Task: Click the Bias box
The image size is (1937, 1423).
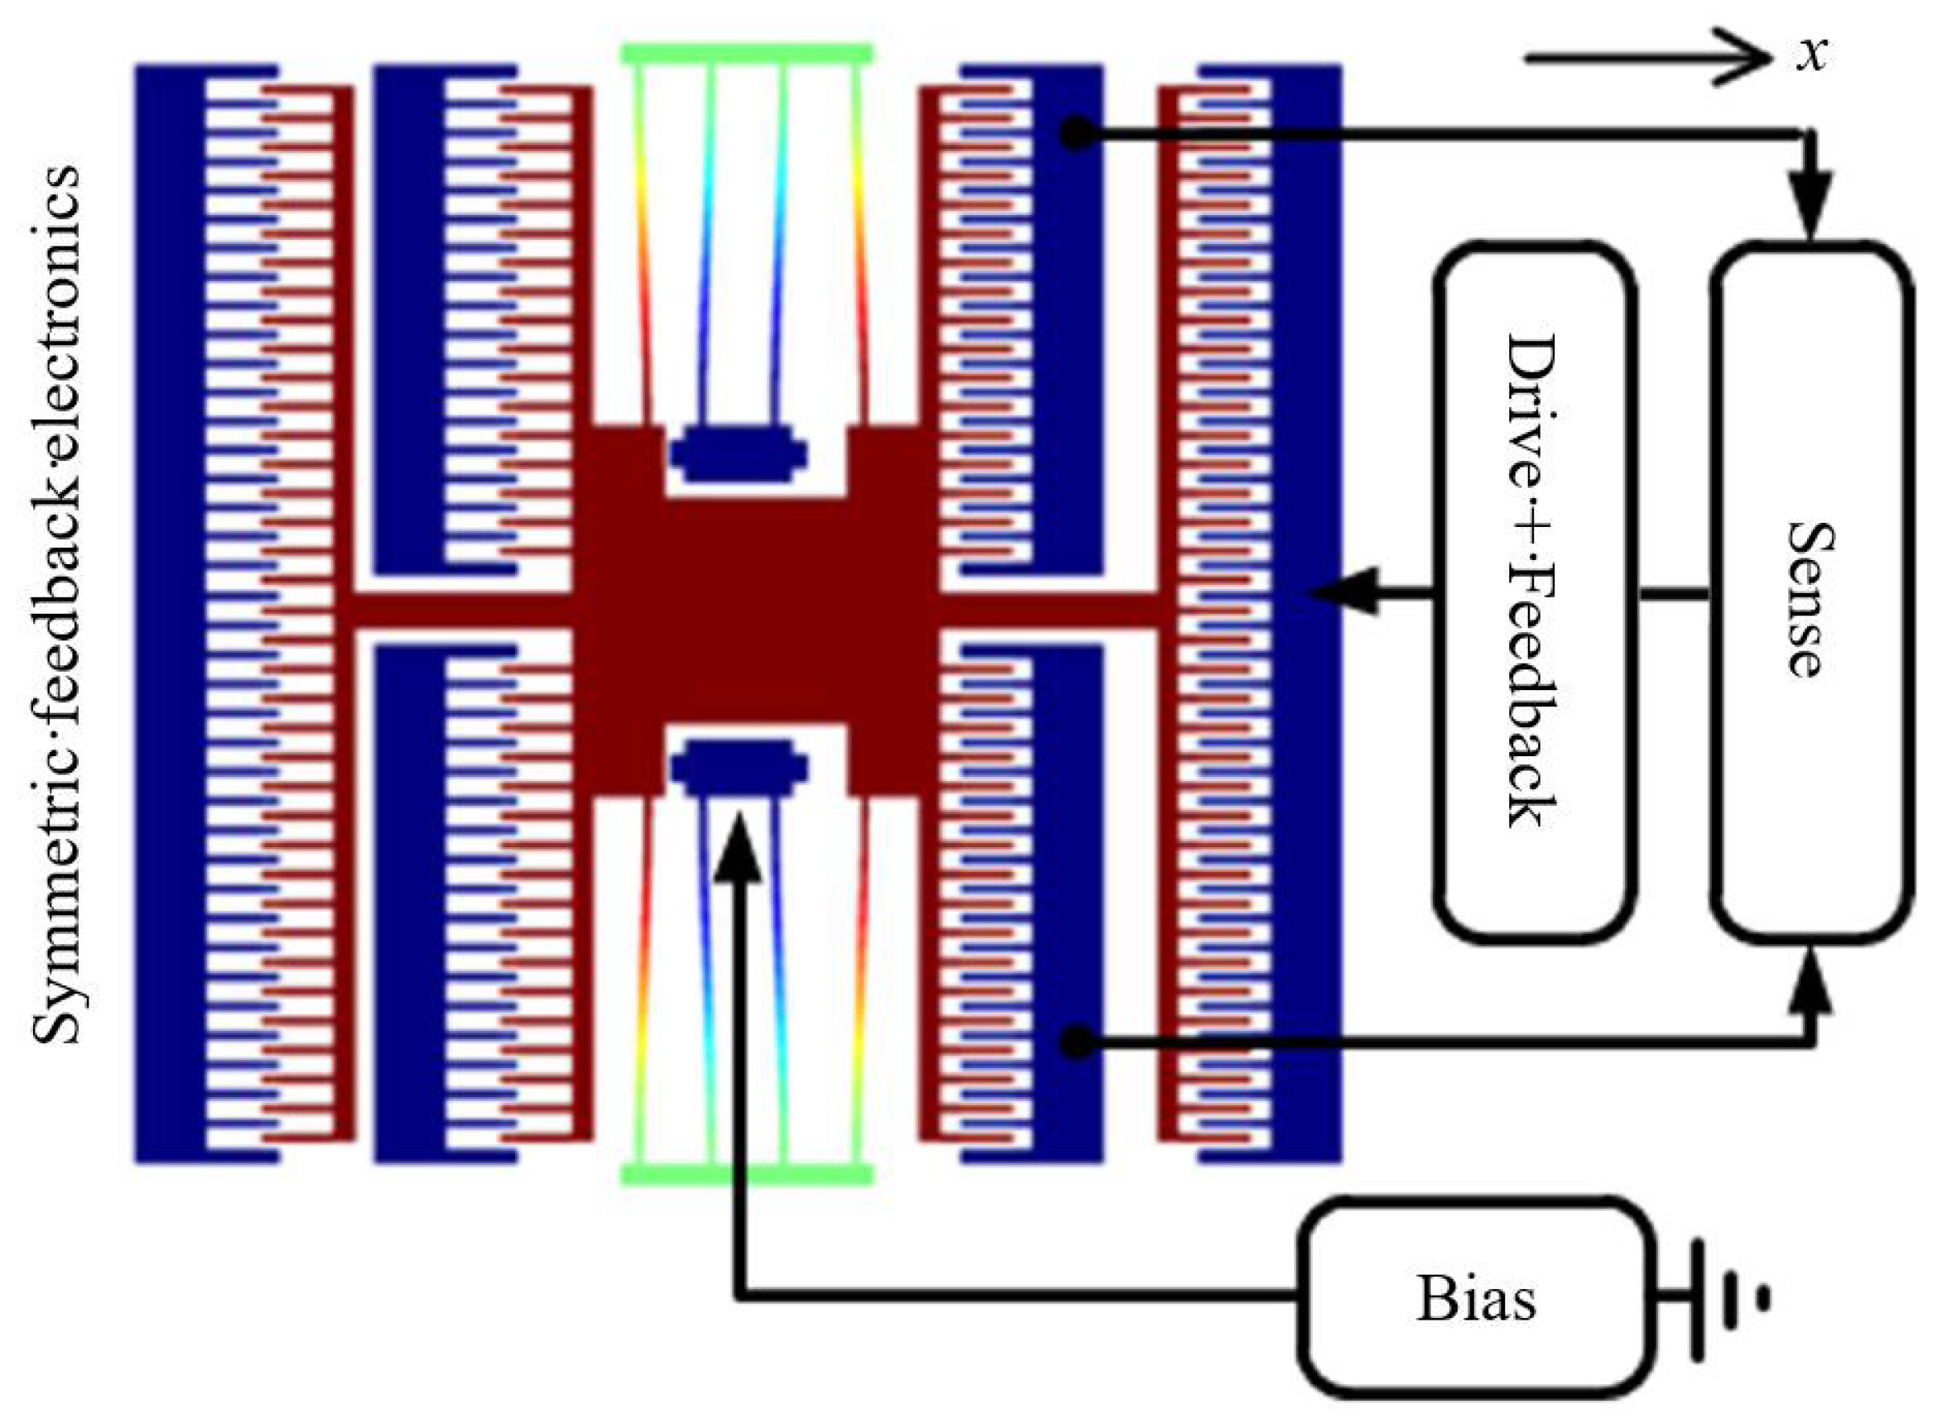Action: (x=1475, y=1298)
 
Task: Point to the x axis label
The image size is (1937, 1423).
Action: (x=1812, y=55)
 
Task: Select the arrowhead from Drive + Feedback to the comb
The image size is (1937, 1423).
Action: (x=1344, y=592)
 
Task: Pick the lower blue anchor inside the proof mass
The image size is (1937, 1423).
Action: (x=739, y=766)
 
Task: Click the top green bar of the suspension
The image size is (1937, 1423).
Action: (x=747, y=54)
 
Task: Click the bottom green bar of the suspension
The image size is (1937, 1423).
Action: (x=747, y=1174)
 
